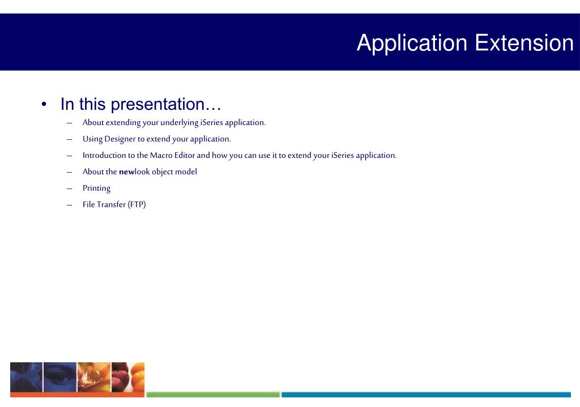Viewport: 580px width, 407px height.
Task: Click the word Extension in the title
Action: point(524,43)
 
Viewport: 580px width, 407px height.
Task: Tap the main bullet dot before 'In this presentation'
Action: point(44,105)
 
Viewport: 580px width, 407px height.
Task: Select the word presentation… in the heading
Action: point(166,105)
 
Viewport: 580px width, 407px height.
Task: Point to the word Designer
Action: point(120,139)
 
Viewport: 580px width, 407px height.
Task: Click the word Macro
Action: point(161,155)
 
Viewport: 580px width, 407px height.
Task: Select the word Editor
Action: point(185,155)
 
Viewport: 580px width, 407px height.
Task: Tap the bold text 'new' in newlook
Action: point(126,172)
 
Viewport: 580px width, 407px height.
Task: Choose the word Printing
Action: point(96,188)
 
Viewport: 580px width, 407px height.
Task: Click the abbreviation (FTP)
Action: point(137,204)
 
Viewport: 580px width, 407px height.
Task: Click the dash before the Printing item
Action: point(70,188)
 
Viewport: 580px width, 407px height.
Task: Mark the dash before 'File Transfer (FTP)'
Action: point(70,205)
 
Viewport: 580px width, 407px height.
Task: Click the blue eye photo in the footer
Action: point(60,377)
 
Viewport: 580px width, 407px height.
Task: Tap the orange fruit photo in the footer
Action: point(127,377)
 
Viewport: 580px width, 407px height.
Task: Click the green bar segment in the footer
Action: point(213,395)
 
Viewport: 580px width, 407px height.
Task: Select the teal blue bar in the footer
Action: point(426,395)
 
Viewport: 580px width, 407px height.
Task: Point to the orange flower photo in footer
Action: point(94,377)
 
